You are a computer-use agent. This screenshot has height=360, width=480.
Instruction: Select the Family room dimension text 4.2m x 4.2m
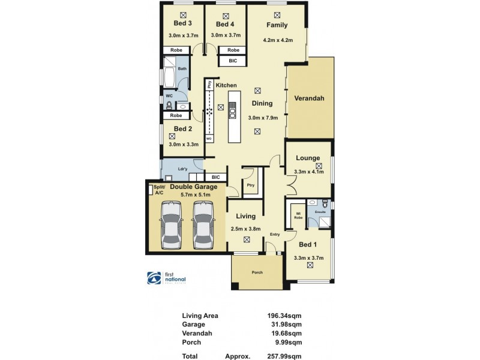click(x=277, y=40)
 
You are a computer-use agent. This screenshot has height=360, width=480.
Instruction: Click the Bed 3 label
click(x=182, y=24)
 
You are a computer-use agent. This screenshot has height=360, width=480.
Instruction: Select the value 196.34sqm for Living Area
click(x=284, y=316)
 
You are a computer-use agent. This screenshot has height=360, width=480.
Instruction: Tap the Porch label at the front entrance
click(x=257, y=272)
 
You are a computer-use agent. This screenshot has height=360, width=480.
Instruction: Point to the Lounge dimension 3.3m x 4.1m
click(x=309, y=172)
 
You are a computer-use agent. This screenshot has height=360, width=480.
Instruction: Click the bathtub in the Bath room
click(x=169, y=77)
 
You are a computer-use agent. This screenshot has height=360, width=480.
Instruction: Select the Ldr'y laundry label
click(x=182, y=169)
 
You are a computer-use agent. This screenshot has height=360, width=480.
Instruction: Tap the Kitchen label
click(x=226, y=85)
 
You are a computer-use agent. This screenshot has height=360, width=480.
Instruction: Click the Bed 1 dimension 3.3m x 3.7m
click(x=308, y=258)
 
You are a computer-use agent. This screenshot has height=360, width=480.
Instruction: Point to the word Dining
click(x=262, y=103)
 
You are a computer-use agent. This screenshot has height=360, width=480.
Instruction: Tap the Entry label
click(x=275, y=234)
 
